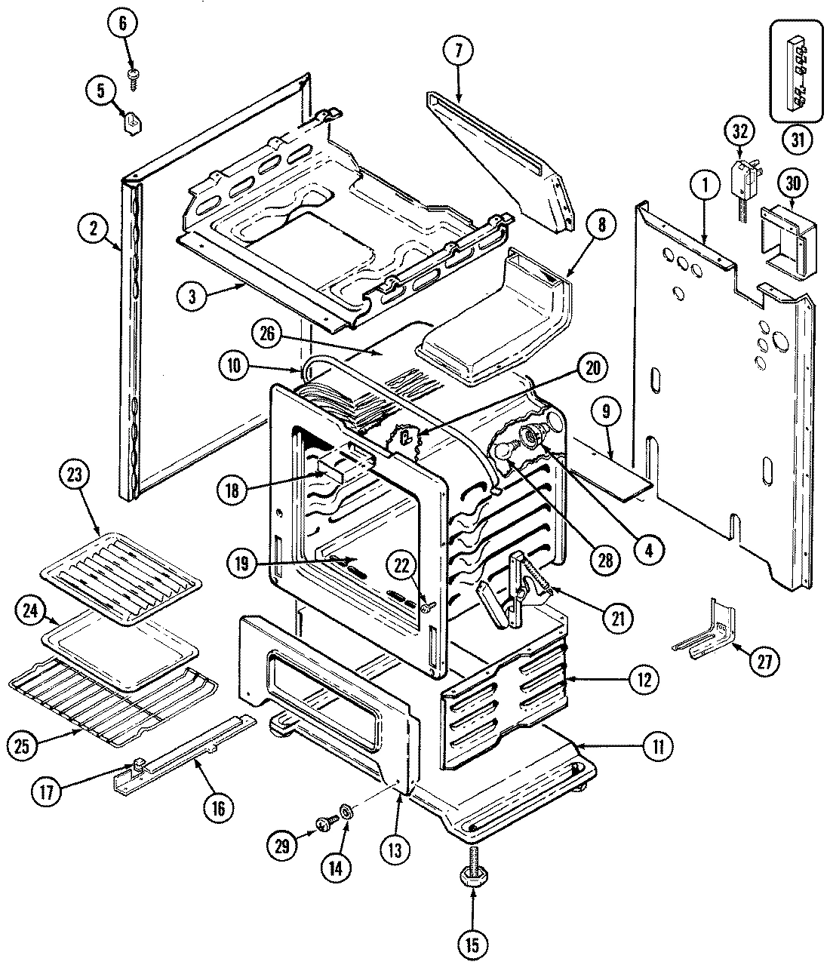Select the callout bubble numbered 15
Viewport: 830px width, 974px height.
click(472, 943)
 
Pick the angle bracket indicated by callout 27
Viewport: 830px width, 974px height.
click(701, 631)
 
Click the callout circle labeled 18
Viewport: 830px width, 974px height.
click(231, 489)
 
